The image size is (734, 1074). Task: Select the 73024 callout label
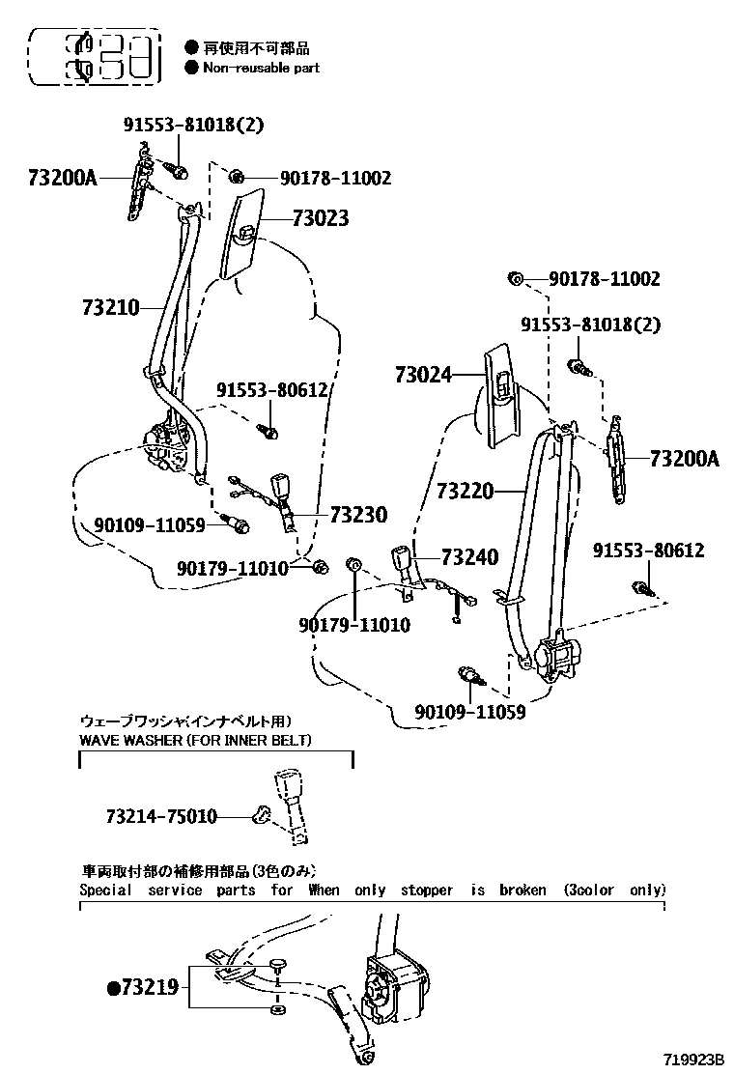(x=423, y=375)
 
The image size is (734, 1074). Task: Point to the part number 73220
(x=466, y=492)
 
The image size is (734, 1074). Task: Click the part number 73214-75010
(x=161, y=816)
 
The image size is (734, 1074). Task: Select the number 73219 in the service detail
(x=150, y=987)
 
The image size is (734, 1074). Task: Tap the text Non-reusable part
(x=261, y=68)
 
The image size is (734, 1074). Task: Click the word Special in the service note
(x=105, y=890)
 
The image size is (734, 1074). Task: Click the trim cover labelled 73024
(x=498, y=391)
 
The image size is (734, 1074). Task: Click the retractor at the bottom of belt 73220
(x=556, y=657)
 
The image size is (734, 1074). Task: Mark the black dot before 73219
(x=113, y=988)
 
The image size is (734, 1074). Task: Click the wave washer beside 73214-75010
(x=260, y=814)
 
